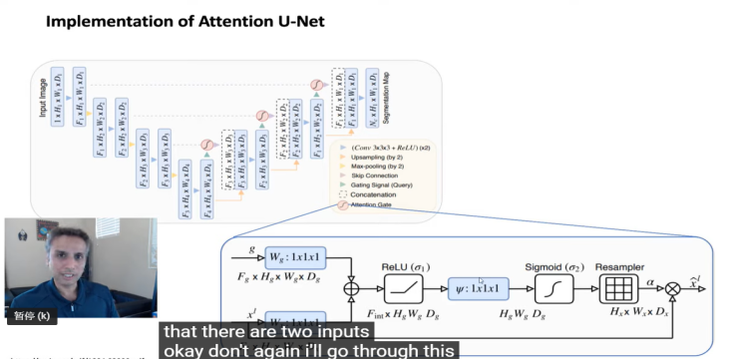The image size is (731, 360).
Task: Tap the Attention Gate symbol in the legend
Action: tap(343, 205)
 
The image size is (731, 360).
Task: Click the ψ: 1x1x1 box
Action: tap(484, 289)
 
